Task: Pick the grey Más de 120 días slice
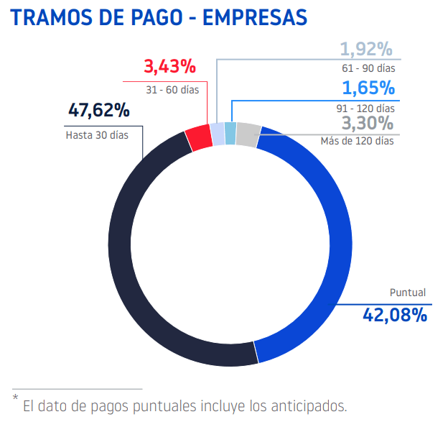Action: point(247,134)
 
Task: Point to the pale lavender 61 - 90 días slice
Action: point(217,134)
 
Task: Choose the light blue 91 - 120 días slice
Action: point(230,133)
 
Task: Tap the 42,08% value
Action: point(395,314)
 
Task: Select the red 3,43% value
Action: point(170,67)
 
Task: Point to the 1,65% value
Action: point(368,88)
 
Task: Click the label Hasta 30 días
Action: point(97,134)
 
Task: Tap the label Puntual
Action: point(407,293)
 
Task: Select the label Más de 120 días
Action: point(357,141)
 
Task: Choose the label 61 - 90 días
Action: point(369,69)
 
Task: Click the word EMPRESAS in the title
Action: point(255,17)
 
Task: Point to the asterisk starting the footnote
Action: point(14,398)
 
